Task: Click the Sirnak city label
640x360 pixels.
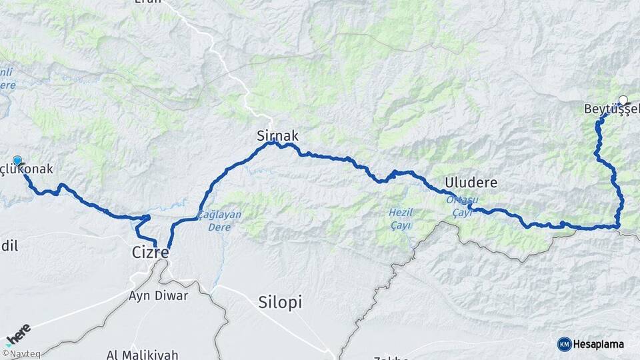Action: [x=277, y=135]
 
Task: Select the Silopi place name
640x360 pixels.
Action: [x=279, y=302]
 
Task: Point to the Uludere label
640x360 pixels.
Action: [x=472, y=182]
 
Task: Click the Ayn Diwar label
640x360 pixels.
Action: [x=157, y=295]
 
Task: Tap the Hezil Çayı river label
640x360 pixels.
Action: [x=401, y=219]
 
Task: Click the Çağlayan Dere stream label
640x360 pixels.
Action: [x=220, y=221]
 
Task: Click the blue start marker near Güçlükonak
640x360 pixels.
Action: [x=17, y=161]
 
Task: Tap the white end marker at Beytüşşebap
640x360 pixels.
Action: [x=623, y=101]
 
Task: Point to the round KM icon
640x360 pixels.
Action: [x=565, y=344]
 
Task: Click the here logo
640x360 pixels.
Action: [x=18, y=333]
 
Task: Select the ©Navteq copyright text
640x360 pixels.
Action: [x=20, y=354]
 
